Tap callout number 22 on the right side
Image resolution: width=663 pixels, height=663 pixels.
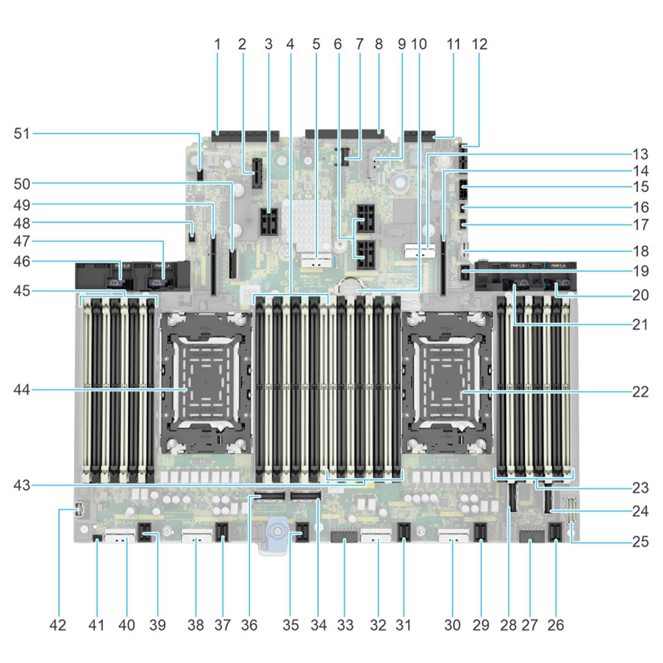click(x=640, y=390)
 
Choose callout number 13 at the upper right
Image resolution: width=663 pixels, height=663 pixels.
click(x=640, y=153)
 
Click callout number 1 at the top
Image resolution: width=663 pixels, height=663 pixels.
click(x=217, y=44)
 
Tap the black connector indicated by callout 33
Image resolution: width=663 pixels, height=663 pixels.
click(x=344, y=540)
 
